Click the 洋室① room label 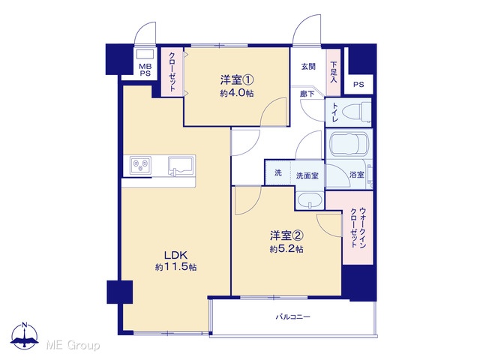(237, 80)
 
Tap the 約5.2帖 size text (286, 249)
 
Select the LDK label (175, 255)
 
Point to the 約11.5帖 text (175, 267)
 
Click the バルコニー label (293, 316)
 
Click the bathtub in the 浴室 (349, 144)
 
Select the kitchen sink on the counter (181, 166)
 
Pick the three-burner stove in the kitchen (140, 166)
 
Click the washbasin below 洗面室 (310, 201)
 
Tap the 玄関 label (308, 67)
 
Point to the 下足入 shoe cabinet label (333, 72)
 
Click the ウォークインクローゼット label (358, 228)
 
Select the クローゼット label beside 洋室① (172, 72)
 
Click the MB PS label (145, 70)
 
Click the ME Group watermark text (73, 346)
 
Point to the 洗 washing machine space (278, 172)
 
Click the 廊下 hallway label (307, 94)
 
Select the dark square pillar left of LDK (120, 292)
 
